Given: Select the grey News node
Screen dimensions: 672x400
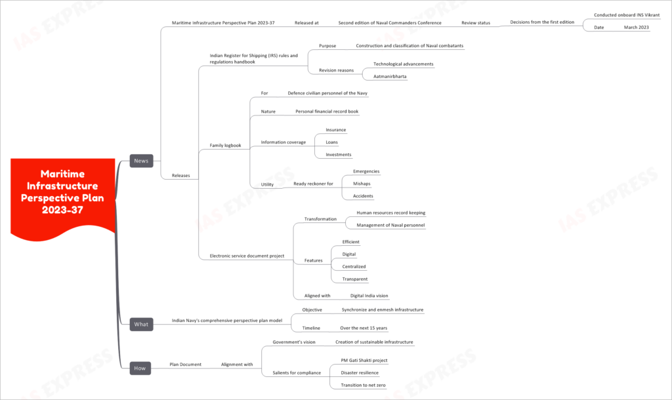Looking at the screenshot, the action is click(x=142, y=161).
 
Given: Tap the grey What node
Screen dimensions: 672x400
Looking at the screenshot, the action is click(x=142, y=324).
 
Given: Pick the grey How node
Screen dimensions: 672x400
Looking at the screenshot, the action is click(x=140, y=368).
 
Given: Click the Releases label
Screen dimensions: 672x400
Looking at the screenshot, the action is click(x=181, y=176).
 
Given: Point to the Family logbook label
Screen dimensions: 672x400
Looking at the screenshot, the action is click(x=226, y=146).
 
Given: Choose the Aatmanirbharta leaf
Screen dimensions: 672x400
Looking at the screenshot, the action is click(x=390, y=77).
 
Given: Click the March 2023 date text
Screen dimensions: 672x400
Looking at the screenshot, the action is click(x=637, y=28).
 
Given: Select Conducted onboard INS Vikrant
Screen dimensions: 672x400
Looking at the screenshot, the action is click(x=627, y=15).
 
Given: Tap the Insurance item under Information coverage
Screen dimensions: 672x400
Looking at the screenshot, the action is click(x=335, y=130).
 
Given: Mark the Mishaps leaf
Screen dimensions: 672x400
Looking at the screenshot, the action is click(x=362, y=184).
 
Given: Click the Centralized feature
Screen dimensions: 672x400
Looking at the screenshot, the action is click(x=354, y=266).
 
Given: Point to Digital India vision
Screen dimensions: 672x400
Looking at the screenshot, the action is click(x=369, y=296).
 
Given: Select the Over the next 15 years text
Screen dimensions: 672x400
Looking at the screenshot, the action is click(x=364, y=328).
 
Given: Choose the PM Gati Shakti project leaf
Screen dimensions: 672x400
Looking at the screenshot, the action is click(x=364, y=361).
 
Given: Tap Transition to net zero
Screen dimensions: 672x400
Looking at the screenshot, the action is click(x=363, y=386).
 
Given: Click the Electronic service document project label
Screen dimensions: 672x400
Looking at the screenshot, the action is click(x=247, y=256).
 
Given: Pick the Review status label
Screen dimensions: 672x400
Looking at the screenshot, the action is click(x=476, y=23).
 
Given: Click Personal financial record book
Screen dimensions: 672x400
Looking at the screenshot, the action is click(x=327, y=111).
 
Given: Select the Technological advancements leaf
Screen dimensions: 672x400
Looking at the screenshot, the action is click(x=404, y=64).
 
